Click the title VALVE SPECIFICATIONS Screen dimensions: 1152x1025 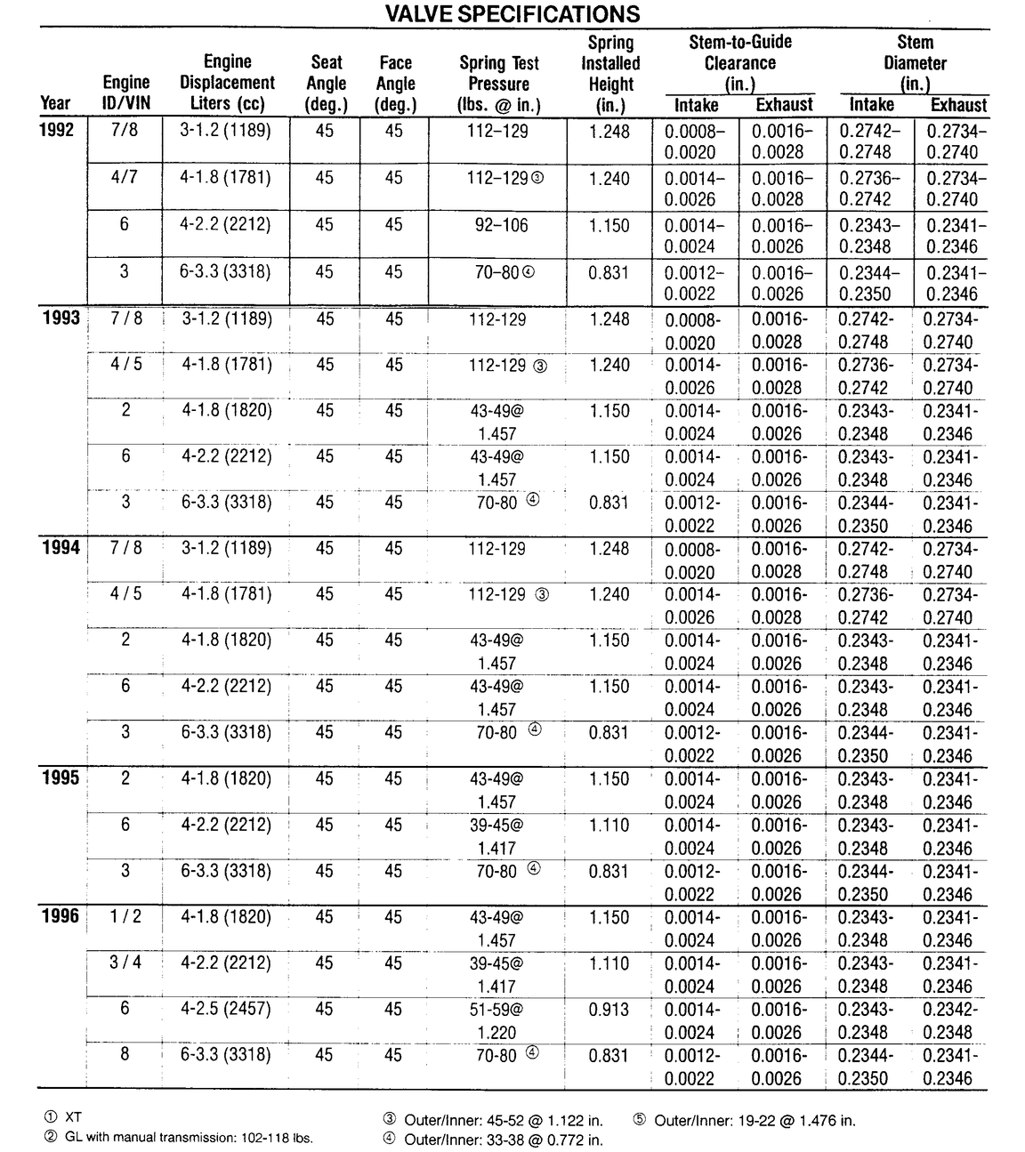click(x=512, y=14)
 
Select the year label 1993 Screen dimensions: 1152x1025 click(x=61, y=318)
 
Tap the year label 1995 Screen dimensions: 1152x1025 click(x=61, y=778)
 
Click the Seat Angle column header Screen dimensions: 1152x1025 click(x=326, y=84)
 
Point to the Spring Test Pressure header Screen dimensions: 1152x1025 click(x=498, y=84)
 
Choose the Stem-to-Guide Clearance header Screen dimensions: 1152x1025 click(x=740, y=63)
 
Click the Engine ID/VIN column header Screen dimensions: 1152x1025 click(x=126, y=93)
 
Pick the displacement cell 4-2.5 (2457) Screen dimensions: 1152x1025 click(x=226, y=1009)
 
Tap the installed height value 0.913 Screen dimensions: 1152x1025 click(x=609, y=1010)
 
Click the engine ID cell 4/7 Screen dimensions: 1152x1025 click(x=125, y=177)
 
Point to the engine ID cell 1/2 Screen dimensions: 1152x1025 click(x=125, y=916)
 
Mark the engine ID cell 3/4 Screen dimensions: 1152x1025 click(x=125, y=963)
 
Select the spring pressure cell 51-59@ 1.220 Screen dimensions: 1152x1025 click(x=496, y=1020)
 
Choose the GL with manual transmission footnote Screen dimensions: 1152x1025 click(x=178, y=1138)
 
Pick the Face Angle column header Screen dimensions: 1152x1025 click(x=394, y=84)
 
